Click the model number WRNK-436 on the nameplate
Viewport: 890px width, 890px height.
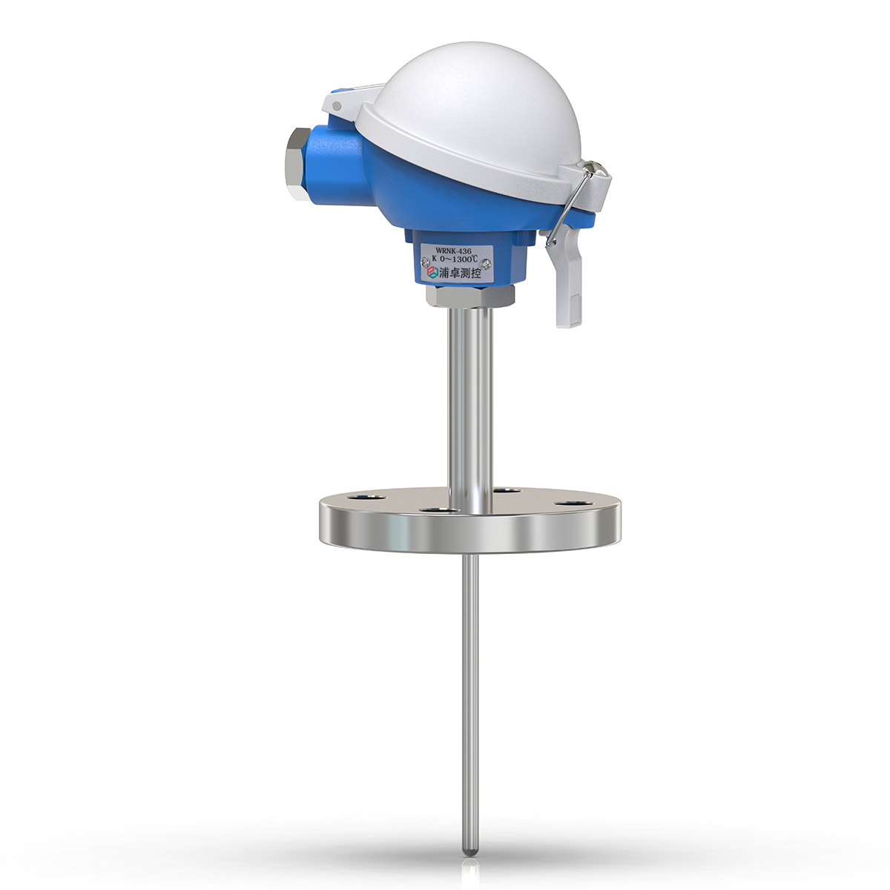click(453, 251)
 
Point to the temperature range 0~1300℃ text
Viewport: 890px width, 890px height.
click(460, 259)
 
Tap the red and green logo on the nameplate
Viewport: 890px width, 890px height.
click(432, 271)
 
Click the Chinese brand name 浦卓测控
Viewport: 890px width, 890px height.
click(460, 272)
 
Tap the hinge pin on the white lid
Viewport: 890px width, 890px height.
click(337, 106)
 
